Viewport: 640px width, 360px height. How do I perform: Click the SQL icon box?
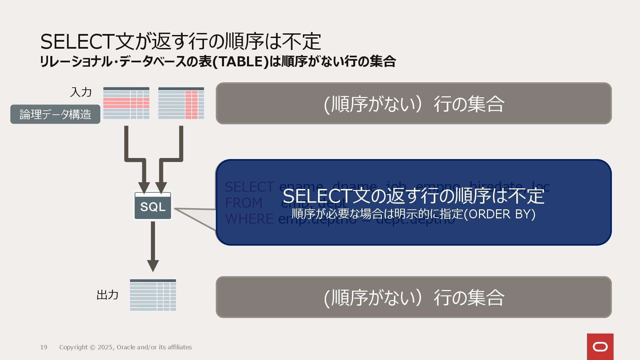(153, 206)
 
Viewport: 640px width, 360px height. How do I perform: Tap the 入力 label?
(81, 92)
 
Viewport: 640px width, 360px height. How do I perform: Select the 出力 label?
(107, 295)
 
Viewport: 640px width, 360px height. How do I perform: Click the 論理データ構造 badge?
(55, 114)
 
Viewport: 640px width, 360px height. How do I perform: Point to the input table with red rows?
(126, 103)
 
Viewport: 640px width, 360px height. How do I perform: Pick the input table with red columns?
(181, 103)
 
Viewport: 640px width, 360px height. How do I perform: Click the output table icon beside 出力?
(153, 295)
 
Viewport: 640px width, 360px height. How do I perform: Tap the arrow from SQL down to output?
(153, 247)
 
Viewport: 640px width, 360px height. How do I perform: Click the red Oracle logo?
(600, 347)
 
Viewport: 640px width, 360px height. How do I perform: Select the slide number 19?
(44, 347)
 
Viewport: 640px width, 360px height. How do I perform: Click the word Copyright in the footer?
(73, 347)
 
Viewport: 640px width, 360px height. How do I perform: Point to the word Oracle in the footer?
(126, 347)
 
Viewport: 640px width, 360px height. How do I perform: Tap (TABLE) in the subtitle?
(240, 62)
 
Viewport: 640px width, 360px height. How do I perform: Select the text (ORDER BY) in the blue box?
(502, 214)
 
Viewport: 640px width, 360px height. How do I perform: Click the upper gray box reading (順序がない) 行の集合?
(414, 103)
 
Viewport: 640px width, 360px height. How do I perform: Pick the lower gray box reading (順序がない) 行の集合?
(414, 297)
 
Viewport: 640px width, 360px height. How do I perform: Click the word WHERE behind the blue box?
(249, 219)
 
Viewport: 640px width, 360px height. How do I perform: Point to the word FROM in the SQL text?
(244, 203)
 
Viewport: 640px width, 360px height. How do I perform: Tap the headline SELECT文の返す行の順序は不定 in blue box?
(413, 196)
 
